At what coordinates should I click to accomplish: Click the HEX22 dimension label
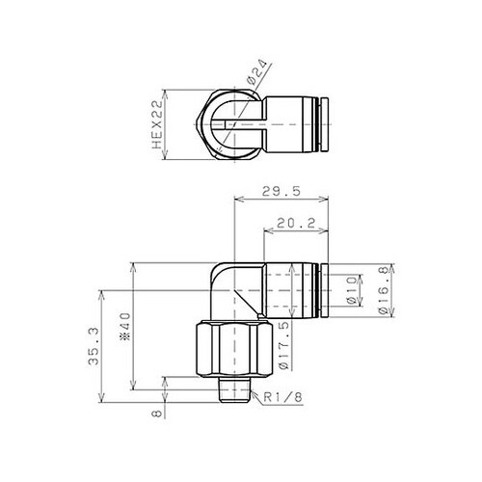click(x=157, y=124)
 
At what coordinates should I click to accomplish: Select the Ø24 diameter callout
click(x=256, y=71)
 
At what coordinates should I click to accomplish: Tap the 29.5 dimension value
click(x=281, y=191)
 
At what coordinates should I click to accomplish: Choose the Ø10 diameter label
click(x=351, y=290)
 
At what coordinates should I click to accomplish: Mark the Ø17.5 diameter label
click(x=283, y=345)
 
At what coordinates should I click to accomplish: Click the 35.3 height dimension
click(x=94, y=346)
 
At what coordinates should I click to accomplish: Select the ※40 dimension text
click(x=125, y=327)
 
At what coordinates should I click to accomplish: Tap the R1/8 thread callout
click(x=283, y=398)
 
